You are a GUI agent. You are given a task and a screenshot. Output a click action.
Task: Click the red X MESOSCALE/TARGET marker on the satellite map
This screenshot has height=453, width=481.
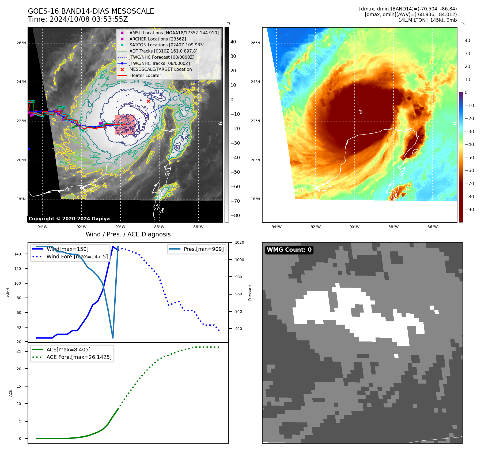[148, 101]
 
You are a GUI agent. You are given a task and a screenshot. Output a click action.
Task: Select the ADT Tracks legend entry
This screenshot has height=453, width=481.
[163, 51]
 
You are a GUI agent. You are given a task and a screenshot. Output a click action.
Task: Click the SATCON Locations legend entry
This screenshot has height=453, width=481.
[167, 45]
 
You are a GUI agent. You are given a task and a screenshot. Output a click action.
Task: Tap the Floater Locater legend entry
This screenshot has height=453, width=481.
[145, 75]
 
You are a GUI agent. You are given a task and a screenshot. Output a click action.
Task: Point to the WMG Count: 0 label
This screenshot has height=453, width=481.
[289, 250]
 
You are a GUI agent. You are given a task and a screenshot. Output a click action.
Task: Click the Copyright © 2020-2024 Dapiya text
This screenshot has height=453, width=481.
[69, 219]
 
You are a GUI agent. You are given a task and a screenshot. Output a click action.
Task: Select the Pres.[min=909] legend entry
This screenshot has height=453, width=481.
[203, 249]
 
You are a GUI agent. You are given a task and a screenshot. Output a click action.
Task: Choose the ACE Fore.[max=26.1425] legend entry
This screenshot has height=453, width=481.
[79, 357]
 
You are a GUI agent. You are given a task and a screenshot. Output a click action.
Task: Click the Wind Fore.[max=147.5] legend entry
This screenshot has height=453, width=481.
[77, 257]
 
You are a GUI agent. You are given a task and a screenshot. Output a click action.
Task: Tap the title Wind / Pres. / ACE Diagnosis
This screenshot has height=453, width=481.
[128, 234]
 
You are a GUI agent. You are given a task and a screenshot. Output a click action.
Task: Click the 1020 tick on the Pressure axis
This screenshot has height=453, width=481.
[240, 242]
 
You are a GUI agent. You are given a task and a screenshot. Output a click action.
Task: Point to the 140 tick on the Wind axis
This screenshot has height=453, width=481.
[18, 254]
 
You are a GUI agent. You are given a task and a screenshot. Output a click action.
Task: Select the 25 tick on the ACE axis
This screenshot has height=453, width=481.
[19, 351]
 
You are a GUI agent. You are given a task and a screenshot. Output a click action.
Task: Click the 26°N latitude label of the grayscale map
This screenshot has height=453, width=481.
[21, 43]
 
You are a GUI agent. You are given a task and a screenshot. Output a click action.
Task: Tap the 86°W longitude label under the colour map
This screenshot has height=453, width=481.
[433, 227]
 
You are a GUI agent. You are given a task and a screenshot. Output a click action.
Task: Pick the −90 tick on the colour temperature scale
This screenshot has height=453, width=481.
[469, 210]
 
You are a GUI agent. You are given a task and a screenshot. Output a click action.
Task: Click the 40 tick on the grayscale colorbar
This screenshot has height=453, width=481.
[233, 42]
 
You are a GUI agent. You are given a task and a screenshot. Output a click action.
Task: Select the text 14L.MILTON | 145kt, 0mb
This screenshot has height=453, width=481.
[427, 20]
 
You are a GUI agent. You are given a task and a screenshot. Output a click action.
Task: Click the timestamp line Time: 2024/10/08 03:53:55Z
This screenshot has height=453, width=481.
[78, 19]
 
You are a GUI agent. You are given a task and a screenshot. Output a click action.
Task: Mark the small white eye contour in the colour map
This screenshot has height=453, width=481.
[361, 112]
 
